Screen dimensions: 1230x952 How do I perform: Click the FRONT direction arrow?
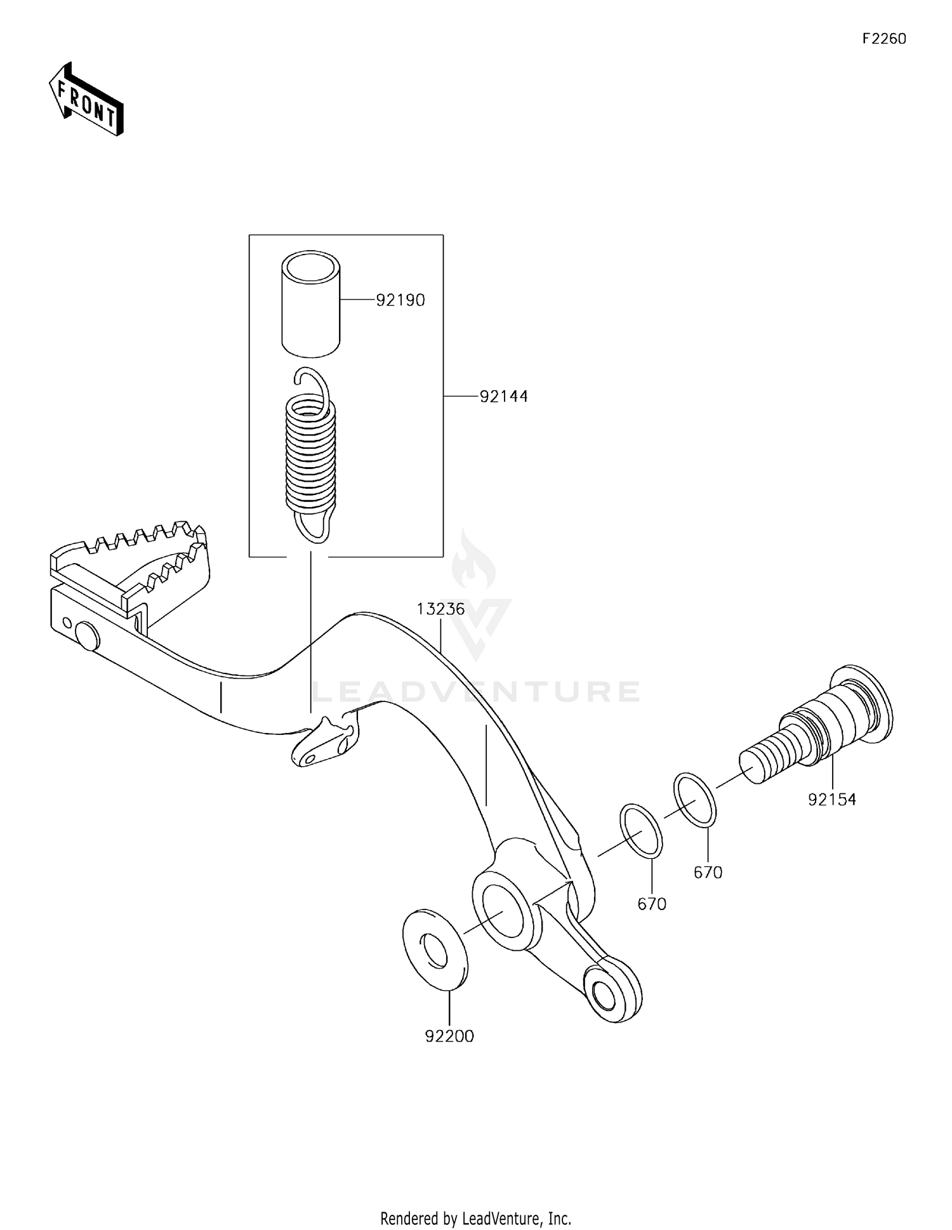coord(86,100)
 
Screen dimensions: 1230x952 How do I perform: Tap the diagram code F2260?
coord(884,39)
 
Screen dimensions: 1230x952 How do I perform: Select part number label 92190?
coord(400,300)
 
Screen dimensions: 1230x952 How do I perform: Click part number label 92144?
coord(503,397)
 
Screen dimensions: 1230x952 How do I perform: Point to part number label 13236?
coord(440,609)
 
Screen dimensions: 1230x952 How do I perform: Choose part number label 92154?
coord(831,800)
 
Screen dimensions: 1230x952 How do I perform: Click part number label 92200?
coord(449,1036)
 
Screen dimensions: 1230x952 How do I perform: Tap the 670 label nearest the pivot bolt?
coord(708,873)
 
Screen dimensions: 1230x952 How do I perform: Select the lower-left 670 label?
coord(652,904)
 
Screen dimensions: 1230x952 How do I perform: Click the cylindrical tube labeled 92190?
coord(311,301)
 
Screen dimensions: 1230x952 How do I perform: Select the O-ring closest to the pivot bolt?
coord(696,800)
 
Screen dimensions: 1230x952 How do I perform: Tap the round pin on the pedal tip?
coord(87,636)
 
